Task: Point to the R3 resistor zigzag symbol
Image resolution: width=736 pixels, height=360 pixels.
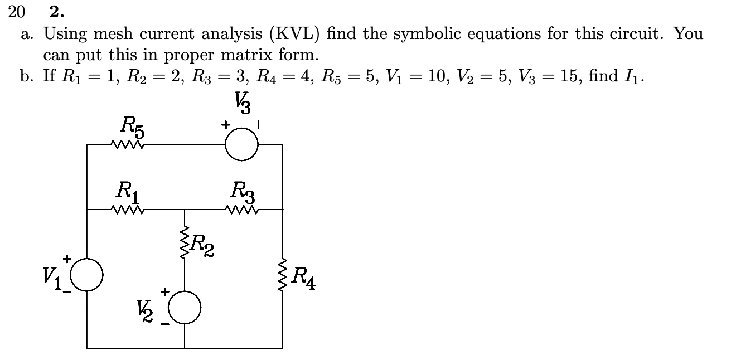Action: tap(242, 210)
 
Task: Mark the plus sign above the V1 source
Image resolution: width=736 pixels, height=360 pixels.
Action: tap(67, 259)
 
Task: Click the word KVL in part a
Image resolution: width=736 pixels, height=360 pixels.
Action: tap(289, 35)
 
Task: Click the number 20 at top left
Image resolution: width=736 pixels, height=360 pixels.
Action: tap(17, 11)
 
